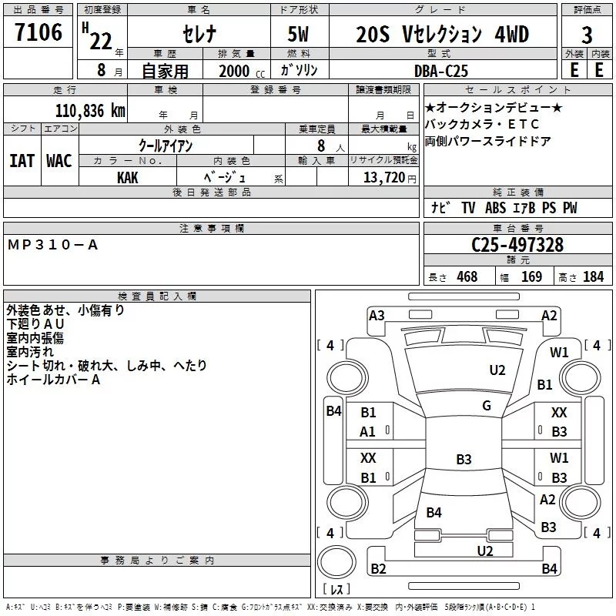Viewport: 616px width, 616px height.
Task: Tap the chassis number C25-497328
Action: coord(517,245)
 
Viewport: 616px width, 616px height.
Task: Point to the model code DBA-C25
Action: coord(446,70)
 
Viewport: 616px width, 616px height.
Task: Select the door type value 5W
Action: coord(299,34)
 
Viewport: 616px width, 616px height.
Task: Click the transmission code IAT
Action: coord(22,160)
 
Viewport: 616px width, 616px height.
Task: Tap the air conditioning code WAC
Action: coord(59,160)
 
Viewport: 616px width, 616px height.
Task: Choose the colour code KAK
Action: coord(127,176)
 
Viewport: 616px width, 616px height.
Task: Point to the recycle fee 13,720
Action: coord(383,177)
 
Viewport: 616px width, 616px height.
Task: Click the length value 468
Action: coord(467,277)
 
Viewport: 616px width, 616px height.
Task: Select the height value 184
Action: coord(593,277)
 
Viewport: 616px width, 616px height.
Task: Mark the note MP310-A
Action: coord(53,245)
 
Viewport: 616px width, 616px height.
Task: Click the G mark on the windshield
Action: coord(487,406)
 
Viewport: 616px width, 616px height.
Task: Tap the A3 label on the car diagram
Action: coord(377,315)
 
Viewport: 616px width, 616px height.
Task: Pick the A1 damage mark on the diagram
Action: coord(368,432)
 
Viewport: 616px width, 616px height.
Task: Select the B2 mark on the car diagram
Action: coord(378,569)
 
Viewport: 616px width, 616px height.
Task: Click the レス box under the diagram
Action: coord(336,591)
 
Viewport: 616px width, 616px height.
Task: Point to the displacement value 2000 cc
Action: coord(239,71)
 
